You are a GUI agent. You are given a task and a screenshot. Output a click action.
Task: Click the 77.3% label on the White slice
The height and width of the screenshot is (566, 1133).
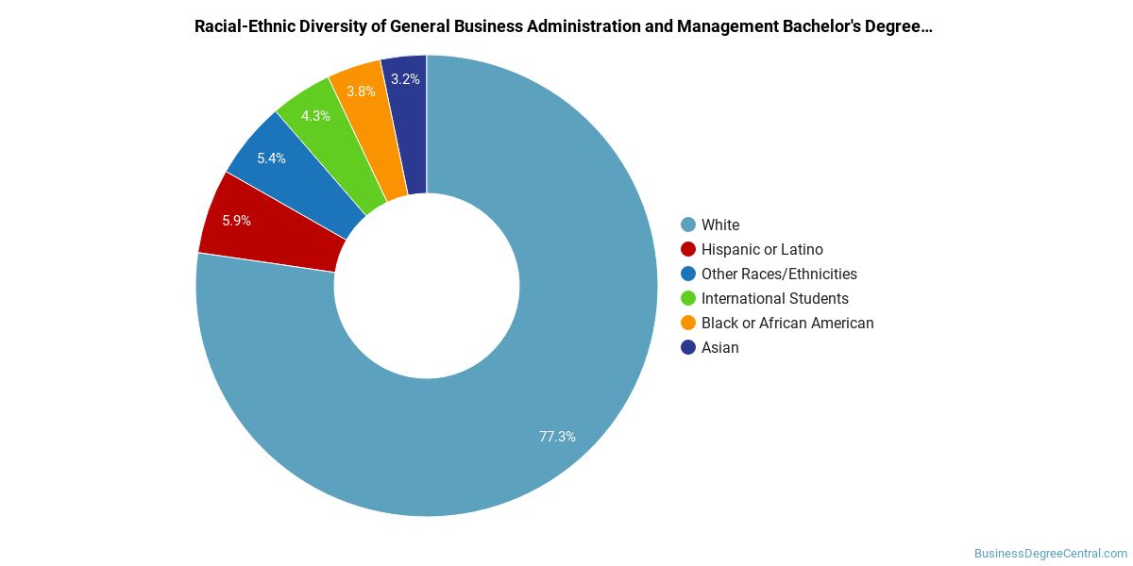557,437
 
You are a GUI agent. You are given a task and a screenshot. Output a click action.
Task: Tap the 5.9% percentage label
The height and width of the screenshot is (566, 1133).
237,221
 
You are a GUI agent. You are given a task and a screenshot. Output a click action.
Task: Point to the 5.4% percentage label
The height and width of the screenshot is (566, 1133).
271,158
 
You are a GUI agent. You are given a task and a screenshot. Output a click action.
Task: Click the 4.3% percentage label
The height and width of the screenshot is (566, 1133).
315,116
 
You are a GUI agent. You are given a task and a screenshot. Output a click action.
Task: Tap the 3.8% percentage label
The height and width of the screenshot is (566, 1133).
361,92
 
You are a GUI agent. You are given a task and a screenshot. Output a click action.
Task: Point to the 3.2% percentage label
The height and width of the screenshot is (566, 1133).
405,79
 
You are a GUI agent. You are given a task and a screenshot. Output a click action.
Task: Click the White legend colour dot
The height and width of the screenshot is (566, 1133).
688,225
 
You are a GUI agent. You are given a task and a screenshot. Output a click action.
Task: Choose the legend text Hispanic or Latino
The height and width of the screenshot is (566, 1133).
762,249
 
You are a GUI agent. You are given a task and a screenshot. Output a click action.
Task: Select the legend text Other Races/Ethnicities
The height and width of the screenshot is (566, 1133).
779,274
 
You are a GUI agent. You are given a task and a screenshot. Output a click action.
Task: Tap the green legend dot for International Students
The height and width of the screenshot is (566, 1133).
688,298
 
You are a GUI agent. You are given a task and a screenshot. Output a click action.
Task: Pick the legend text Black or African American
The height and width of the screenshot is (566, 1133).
787,323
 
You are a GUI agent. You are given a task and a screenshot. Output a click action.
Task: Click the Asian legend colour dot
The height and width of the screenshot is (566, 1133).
688,347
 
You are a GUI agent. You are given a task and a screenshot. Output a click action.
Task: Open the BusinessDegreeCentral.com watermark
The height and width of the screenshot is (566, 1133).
1050,554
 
